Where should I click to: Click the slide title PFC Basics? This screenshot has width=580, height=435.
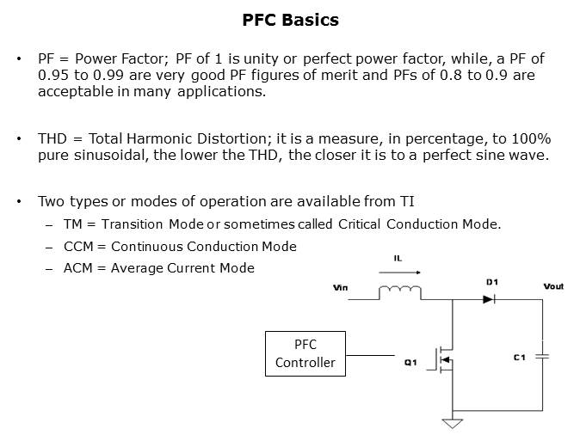290,20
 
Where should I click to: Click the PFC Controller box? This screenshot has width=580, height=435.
305,353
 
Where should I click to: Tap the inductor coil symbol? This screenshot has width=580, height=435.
400,291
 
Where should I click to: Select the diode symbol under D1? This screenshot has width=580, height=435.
489,299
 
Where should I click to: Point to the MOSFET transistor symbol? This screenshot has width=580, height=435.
443,359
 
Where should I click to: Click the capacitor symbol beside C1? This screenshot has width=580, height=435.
542,357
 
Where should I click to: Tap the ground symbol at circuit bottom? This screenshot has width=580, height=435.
453,423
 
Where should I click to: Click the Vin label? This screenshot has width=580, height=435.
340,287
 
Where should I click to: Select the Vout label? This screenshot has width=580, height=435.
553,286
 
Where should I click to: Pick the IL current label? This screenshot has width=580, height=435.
398,259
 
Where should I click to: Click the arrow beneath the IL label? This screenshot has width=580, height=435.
400,273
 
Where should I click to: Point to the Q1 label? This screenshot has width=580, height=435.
410,363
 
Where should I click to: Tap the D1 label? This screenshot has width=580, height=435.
492,282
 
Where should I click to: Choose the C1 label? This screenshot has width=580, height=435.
520,358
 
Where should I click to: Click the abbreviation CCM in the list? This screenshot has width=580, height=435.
78,247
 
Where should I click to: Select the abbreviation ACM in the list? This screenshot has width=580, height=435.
78,268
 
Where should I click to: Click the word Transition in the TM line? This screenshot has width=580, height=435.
132,224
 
